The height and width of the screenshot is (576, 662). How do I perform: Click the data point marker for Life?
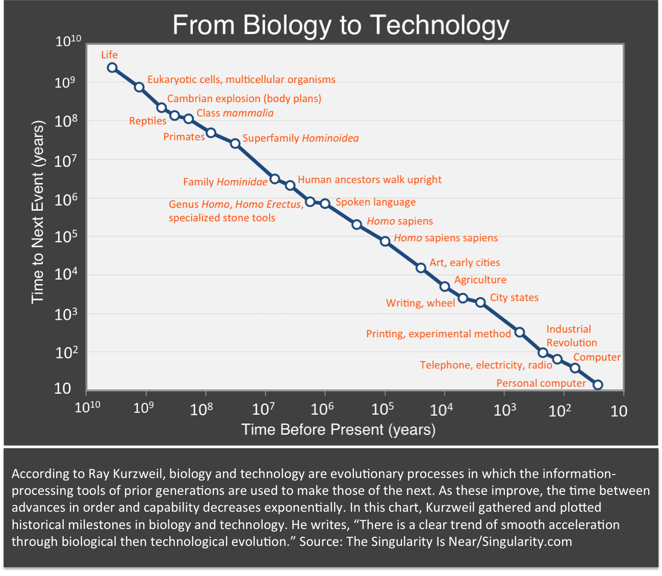pos(112,68)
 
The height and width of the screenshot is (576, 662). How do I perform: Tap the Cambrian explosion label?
pos(244,98)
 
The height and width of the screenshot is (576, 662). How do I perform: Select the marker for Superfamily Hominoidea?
pos(235,143)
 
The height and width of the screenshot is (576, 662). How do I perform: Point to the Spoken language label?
pos(375,202)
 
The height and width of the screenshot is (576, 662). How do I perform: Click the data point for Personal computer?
pos(598,385)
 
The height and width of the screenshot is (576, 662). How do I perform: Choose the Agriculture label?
pos(480,280)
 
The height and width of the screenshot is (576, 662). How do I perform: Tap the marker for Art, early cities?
pos(421,268)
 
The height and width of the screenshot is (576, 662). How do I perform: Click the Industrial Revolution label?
pos(571,336)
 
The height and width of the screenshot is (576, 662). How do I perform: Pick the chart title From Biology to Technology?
pos(341,25)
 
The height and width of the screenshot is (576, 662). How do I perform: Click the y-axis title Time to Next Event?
pos(38,212)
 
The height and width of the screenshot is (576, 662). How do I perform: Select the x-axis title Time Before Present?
pos(338,429)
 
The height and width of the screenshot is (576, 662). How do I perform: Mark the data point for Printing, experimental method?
pos(519,332)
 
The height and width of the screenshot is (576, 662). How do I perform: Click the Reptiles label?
pos(147,121)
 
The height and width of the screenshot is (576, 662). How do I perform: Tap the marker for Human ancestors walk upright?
pos(290,185)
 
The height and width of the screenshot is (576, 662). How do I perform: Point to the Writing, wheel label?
pos(420,303)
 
